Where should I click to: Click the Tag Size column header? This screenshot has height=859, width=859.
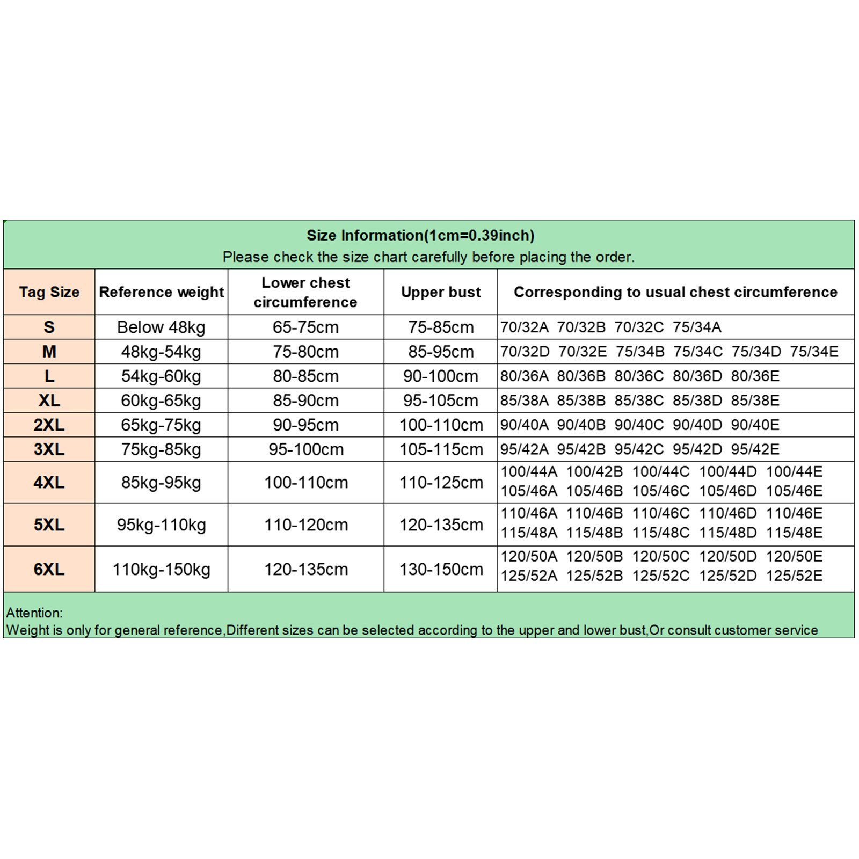[x=49, y=292]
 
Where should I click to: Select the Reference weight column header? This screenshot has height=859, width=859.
[x=161, y=292]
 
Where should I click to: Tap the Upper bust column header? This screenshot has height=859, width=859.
[x=441, y=292]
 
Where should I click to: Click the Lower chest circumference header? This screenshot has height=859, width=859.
[x=305, y=293]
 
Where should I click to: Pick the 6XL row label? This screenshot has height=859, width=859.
[x=49, y=569]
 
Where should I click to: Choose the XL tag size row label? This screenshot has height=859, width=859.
[x=49, y=401]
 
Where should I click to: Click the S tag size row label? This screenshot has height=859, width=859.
[x=49, y=327]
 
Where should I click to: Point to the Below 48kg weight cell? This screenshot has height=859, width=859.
[x=161, y=327]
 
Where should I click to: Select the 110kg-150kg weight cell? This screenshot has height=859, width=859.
[x=161, y=569]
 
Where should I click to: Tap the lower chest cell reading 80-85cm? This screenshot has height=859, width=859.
[x=305, y=376]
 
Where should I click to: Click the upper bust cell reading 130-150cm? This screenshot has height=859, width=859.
[x=441, y=569]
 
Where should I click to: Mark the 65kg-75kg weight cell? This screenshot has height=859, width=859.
[x=161, y=425]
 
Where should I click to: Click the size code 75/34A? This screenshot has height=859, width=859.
[x=697, y=327]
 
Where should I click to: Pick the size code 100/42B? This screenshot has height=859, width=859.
[x=594, y=472]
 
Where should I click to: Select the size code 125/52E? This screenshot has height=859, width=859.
[x=794, y=576]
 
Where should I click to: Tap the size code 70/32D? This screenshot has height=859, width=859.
[x=525, y=352]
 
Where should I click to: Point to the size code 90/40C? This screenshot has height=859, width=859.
[x=639, y=425]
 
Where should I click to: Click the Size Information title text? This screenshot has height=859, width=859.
[x=420, y=235]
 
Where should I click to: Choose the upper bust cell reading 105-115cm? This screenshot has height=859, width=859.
[x=441, y=449]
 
